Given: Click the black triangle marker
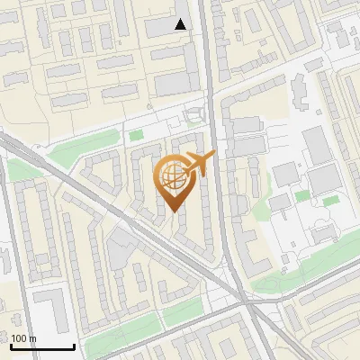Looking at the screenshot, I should pyautogui.click(x=181, y=25).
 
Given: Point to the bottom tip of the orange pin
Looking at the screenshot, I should pyautogui.click(x=172, y=211).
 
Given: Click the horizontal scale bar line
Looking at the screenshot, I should pyautogui.click(x=42, y=346).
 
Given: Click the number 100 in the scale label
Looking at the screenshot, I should pyautogui.click(x=21, y=338).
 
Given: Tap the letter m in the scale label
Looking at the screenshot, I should pyautogui.click(x=33, y=338).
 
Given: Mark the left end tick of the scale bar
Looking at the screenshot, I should pyautogui.click(x=12, y=345).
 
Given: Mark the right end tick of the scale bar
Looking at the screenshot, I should pyautogui.click(x=74, y=345).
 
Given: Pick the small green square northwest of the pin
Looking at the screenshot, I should pyautogui.click(x=136, y=136).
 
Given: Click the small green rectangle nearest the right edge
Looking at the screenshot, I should pyautogui.click(x=330, y=199).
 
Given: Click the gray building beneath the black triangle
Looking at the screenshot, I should pyautogui.click(x=176, y=84).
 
